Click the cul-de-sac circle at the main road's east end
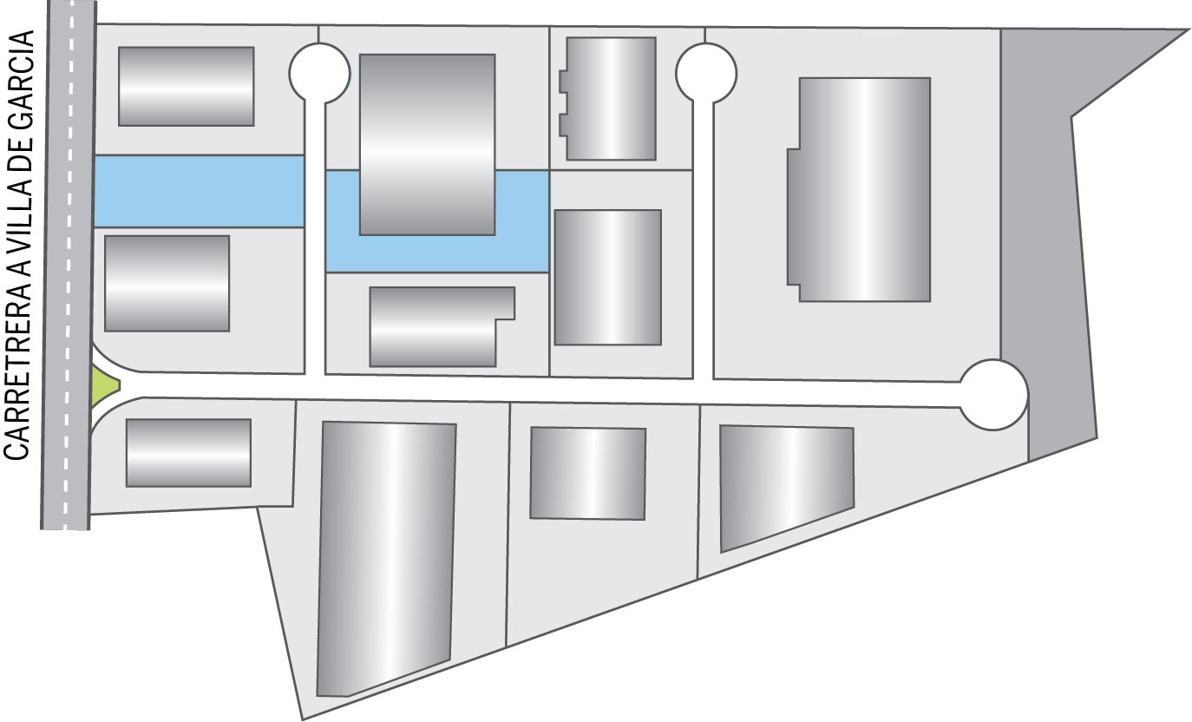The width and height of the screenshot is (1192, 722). coord(994,395)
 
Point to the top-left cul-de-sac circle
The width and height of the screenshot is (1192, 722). coord(319,73)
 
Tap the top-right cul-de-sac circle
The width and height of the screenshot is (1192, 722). coord(705,73)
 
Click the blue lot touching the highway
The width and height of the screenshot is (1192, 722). coord(199,191)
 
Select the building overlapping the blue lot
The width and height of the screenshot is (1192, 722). coord(428,144)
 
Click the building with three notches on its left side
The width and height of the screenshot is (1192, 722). coord(609,99)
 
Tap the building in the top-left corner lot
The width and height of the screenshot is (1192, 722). coord(187,86)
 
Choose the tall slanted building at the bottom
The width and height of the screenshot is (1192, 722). coord(386,559)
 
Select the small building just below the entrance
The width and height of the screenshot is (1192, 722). coord(188,453)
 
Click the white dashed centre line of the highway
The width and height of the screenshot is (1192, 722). coord(69,266)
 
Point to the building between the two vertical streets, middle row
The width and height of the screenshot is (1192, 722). coord(607,277)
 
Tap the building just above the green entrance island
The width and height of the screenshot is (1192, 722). coord(167,283)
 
